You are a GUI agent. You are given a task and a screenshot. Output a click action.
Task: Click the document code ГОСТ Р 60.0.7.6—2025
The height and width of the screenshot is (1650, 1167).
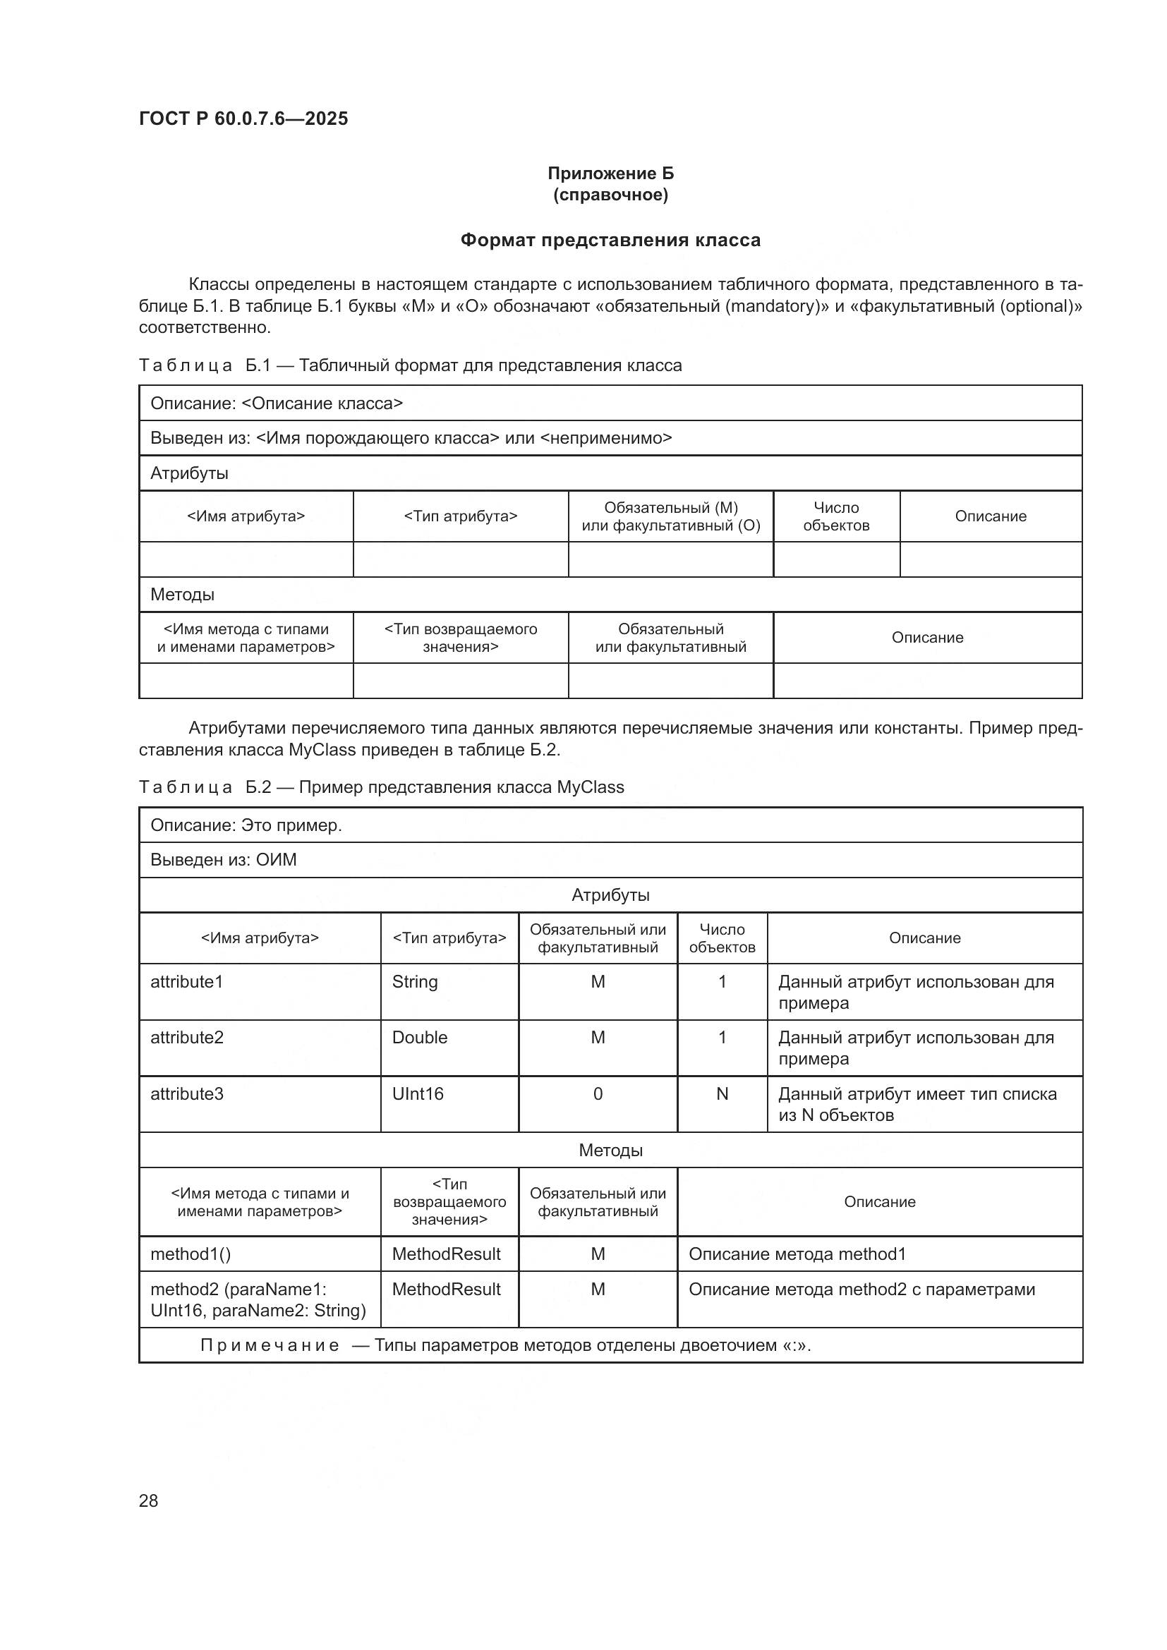[243, 119]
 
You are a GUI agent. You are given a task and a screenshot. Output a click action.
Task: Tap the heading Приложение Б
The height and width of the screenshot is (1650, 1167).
[610, 174]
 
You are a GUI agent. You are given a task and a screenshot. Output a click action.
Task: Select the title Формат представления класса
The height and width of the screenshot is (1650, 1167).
[610, 240]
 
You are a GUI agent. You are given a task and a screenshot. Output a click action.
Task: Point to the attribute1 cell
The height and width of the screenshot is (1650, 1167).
[187, 982]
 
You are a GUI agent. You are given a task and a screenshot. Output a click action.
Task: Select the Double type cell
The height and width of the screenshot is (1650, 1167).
[420, 1038]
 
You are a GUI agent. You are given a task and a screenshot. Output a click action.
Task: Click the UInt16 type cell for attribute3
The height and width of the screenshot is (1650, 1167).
[418, 1094]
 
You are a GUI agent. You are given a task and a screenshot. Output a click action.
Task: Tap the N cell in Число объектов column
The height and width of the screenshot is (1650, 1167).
[722, 1094]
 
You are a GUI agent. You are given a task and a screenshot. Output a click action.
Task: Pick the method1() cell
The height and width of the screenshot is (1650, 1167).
[191, 1254]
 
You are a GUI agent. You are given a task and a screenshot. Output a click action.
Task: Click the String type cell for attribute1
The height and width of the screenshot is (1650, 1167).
[415, 982]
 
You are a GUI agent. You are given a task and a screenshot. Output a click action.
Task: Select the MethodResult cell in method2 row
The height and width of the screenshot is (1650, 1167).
[445, 1290]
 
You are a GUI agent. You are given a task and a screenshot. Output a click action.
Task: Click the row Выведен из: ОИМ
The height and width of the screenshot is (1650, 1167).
[223, 860]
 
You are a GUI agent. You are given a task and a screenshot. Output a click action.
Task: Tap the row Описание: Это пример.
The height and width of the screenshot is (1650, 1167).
[246, 825]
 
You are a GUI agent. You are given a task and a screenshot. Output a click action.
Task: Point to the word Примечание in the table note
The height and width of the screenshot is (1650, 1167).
[270, 1345]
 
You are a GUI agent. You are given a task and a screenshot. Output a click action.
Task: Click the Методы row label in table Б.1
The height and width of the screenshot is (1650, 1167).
[183, 594]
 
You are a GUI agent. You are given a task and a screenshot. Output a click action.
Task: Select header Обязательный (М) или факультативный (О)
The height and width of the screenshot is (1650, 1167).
[670, 516]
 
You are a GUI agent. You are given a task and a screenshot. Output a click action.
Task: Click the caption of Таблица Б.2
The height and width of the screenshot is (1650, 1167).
[381, 787]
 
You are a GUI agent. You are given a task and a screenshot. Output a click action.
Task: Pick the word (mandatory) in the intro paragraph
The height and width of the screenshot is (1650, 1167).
[773, 306]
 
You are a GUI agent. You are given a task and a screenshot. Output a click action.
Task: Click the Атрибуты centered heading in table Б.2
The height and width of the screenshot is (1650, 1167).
[610, 895]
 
